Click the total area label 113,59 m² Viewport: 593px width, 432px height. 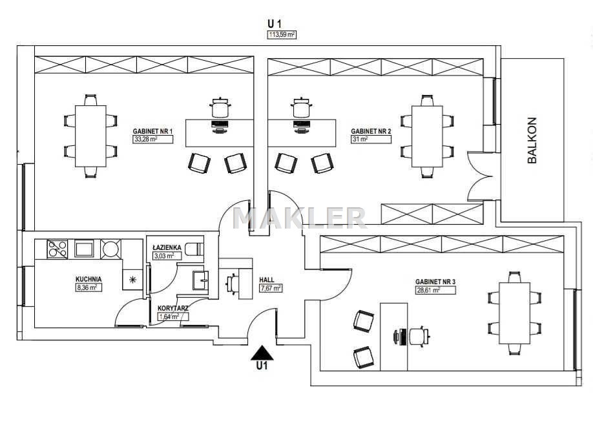[282, 35]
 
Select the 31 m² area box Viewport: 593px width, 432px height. [371, 139]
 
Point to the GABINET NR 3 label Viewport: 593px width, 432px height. [435, 282]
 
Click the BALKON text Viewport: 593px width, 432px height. [532, 140]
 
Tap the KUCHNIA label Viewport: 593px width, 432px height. [88, 280]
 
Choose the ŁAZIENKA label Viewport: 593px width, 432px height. [167, 247]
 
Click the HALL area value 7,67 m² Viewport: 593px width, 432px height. [271, 288]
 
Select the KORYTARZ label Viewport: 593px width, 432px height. [173, 308]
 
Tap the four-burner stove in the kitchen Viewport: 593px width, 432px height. [57, 249]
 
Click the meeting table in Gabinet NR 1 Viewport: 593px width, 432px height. [90, 136]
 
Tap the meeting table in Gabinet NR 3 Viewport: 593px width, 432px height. [514, 313]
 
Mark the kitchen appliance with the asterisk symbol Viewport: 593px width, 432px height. [132, 280]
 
